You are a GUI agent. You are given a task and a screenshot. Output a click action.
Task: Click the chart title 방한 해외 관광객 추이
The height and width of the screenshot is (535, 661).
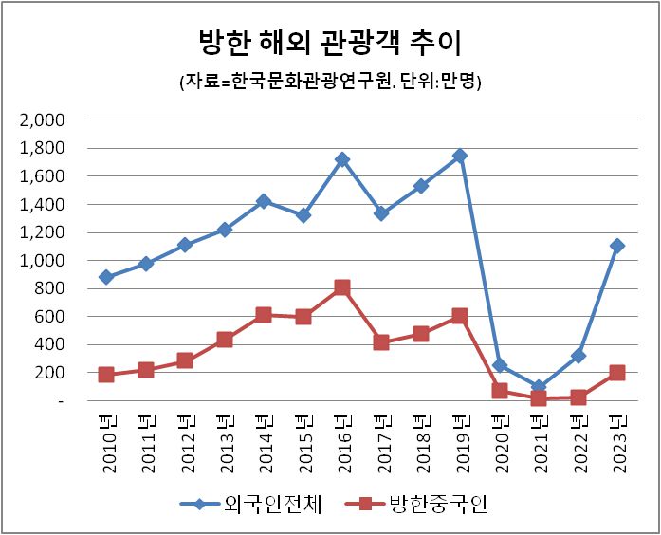(330, 43)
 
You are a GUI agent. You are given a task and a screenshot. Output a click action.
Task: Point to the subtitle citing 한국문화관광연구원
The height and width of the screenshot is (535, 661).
(330, 83)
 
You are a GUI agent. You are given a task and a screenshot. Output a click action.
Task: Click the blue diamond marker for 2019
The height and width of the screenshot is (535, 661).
(460, 156)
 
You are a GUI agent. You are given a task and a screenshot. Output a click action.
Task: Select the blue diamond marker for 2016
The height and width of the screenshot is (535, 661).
(342, 159)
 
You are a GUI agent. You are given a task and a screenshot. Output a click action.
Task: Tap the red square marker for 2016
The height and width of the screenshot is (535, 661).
(342, 287)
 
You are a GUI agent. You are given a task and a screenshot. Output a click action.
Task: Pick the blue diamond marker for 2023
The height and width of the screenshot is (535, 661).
(617, 246)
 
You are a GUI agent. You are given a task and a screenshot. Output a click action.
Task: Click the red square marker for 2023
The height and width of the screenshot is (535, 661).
(617, 373)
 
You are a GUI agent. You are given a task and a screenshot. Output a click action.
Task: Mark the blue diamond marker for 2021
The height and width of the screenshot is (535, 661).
(539, 388)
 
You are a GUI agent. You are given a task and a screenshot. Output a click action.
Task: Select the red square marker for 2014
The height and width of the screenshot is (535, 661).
(264, 315)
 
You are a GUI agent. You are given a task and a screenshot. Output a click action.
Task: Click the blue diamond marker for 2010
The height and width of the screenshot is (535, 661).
(106, 277)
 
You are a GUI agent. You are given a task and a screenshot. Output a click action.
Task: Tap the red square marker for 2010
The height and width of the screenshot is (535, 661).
(106, 375)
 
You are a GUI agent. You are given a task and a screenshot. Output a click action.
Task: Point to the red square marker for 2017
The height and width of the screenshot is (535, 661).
(381, 342)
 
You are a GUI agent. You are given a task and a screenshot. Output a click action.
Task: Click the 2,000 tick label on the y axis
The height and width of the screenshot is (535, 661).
(42, 120)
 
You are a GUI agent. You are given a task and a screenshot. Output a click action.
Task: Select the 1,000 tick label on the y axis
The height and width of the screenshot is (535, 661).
(42, 261)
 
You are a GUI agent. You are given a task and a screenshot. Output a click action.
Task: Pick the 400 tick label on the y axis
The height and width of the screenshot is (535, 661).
(50, 345)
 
